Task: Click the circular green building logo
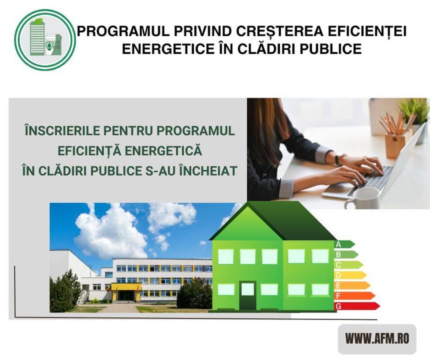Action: pos(45,40)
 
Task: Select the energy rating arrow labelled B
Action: pos(346,254)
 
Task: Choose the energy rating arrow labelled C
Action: pos(348,264)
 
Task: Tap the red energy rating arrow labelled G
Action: pos(357,305)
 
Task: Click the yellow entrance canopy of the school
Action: pos(125,286)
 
